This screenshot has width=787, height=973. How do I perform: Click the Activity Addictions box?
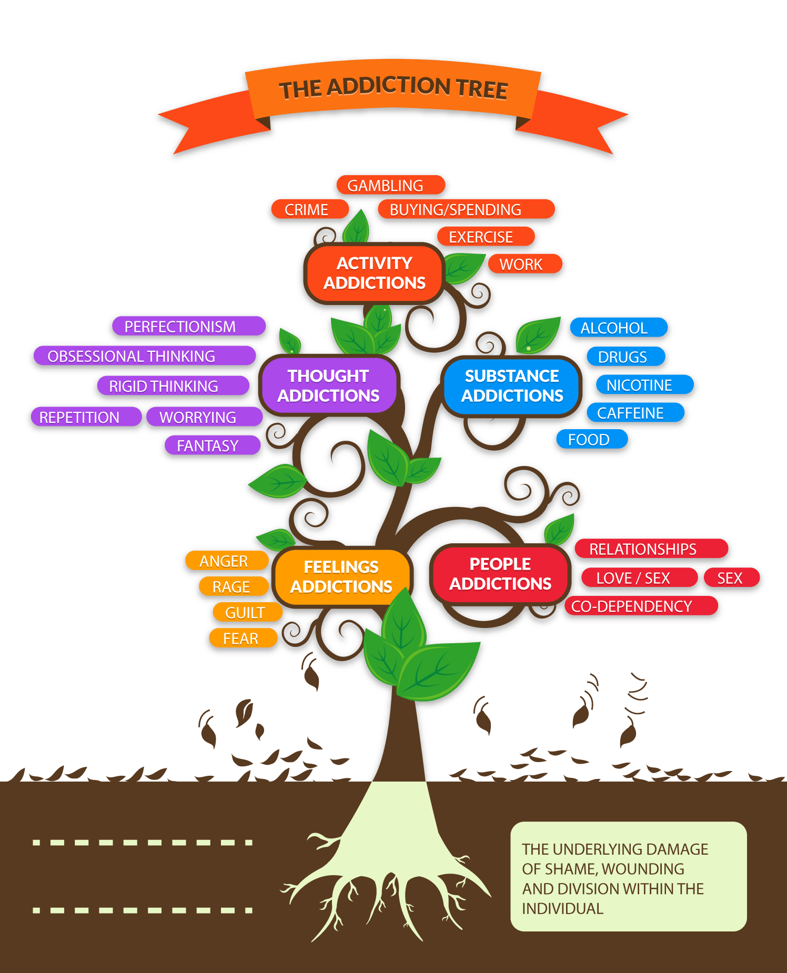(375, 273)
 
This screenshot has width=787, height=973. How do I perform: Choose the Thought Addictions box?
(329, 386)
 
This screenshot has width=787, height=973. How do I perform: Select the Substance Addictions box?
(512, 386)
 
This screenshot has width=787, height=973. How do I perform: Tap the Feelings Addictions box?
(341, 576)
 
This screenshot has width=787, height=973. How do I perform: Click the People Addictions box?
(500, 574)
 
